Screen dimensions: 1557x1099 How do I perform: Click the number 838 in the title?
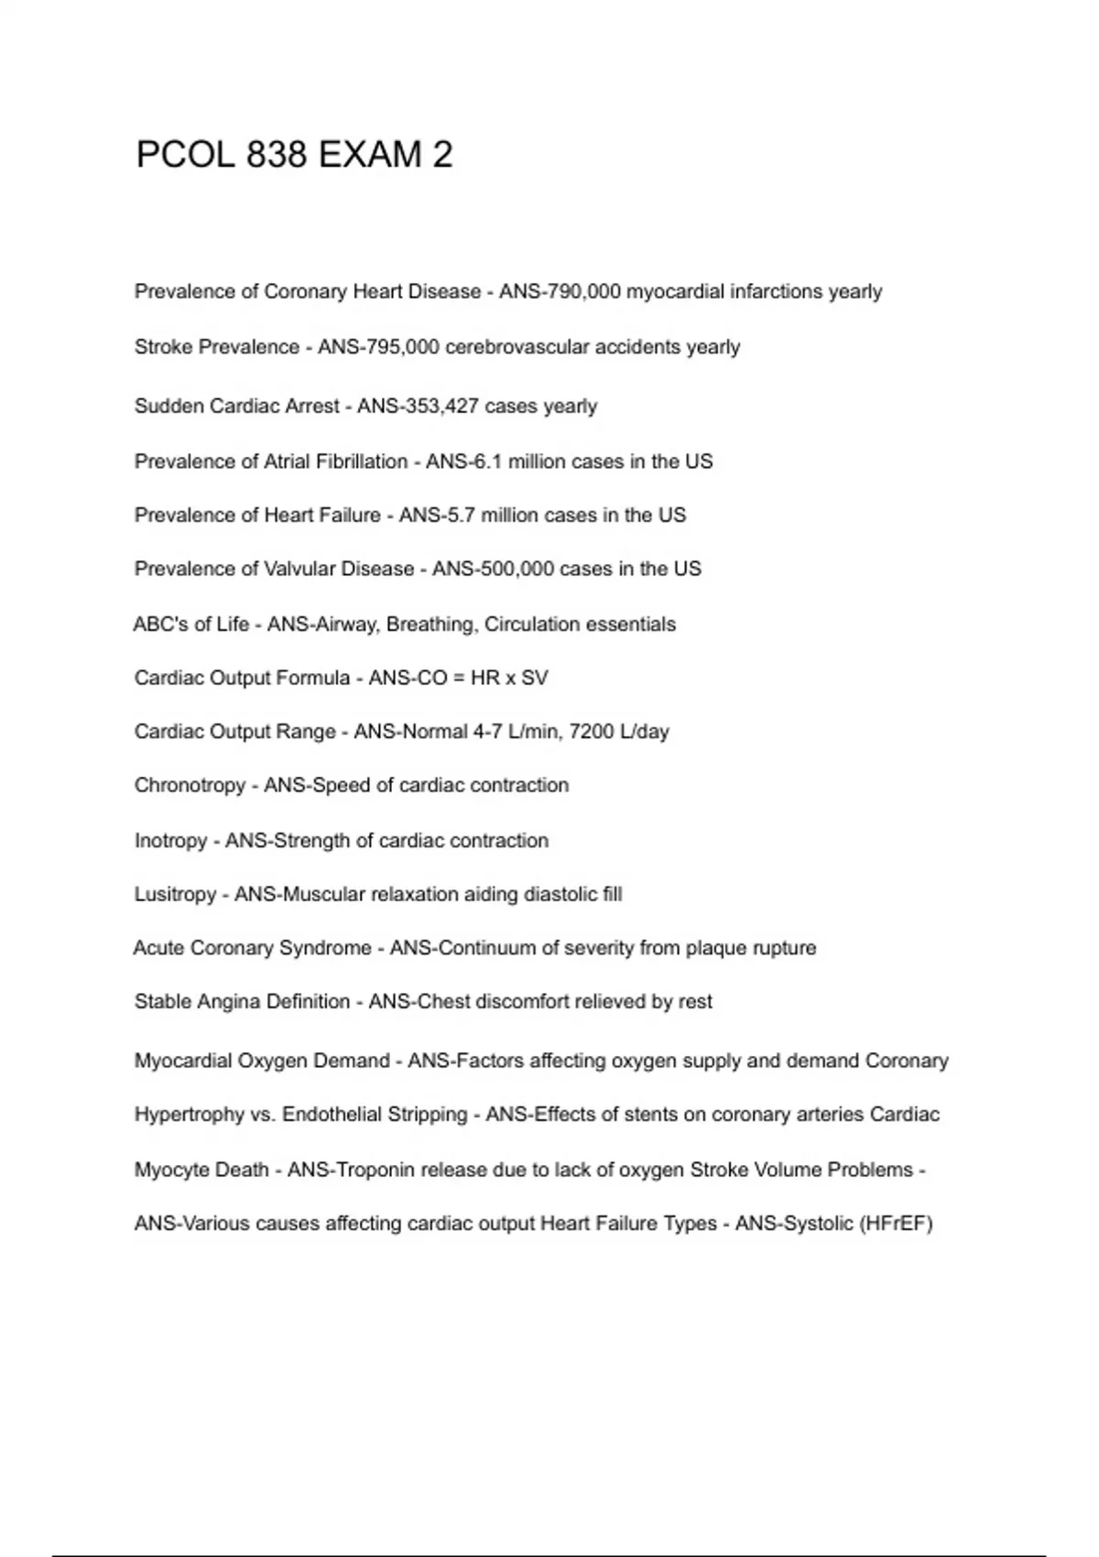pyautogui.click(x=276, y=155)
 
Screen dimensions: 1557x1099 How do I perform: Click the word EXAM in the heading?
pyautogui.click(x=370, y=155)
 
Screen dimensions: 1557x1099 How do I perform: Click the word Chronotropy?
pyautogui.click(x=190, y=786)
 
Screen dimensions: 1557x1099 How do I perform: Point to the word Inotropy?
pyautogui.click(x=170, y=841)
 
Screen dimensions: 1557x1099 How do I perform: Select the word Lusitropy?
pyautogui.click(x=175, y=894)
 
